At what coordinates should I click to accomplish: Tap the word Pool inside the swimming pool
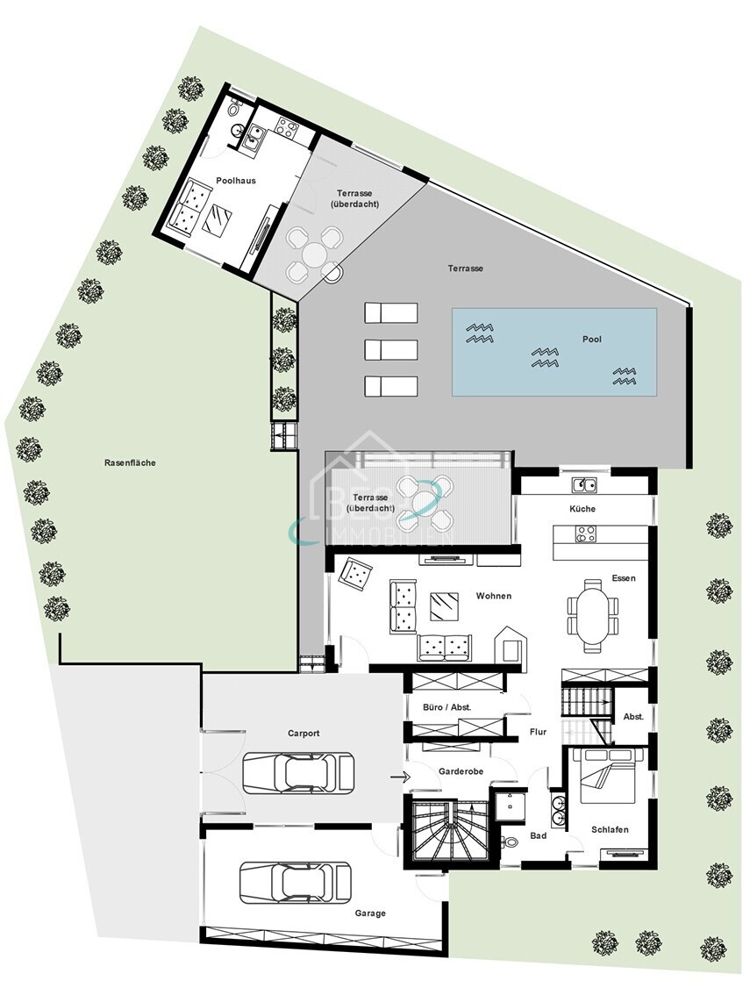click(591, 339)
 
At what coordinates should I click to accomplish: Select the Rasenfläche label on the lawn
click(129, 462)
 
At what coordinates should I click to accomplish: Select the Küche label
click(582, 509)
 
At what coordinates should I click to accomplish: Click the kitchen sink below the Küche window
click(584, 484)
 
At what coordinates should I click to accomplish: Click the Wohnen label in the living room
click(493, 596)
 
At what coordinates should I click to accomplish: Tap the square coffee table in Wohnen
click(443, 605)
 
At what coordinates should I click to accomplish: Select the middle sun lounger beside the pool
click(391, 348)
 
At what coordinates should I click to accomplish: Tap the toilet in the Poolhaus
click(234, 111)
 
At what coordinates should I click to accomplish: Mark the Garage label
click(370, 913)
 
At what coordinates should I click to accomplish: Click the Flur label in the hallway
click(538, 731)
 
